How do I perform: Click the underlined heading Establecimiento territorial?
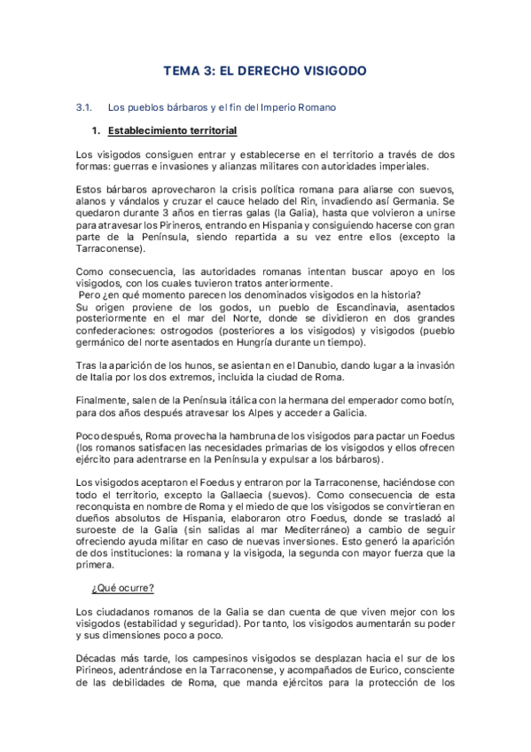(172, 131)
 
